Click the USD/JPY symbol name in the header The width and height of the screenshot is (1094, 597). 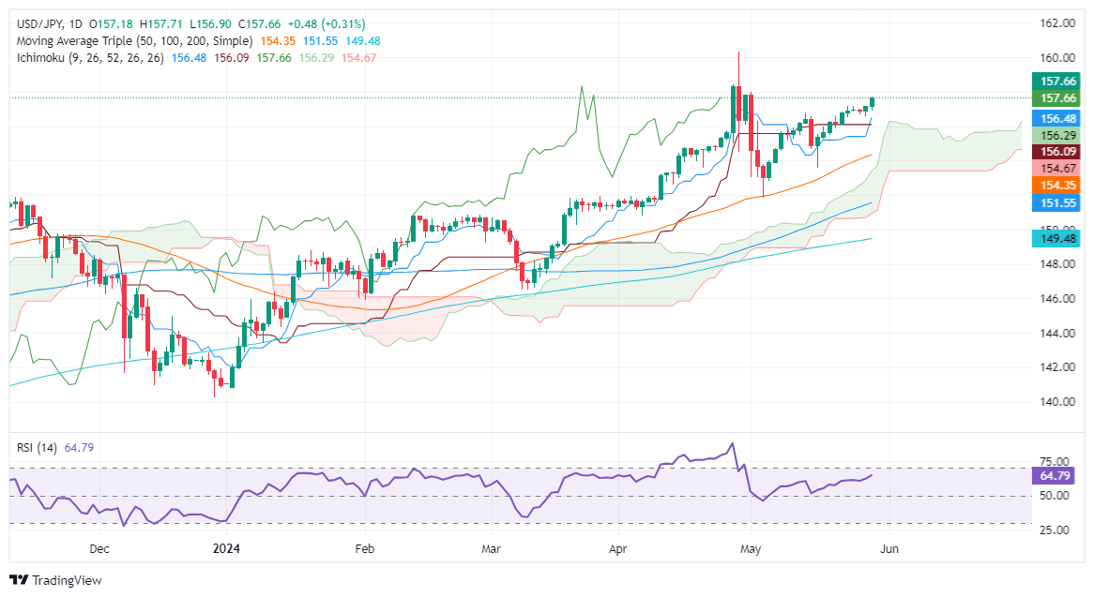pos(37,23)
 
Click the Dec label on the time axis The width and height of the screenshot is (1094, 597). pos(100,548)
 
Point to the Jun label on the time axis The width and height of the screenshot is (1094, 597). pos(889,548)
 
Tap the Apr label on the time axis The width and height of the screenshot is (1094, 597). pos(617,548)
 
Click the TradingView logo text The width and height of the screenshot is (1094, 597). pos(66,580)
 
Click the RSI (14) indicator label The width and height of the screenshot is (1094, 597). pos(35,448)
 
